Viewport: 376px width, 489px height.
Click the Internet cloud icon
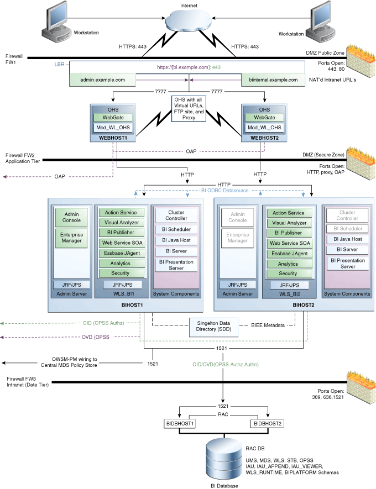[x=189, y=22]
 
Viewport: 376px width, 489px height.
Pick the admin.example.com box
[x=103, y=80]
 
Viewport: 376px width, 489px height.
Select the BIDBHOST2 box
[x=267, y=423]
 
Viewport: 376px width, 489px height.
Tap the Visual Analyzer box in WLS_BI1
[x=121, y=223]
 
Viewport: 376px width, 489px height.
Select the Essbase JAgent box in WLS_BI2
[x=288, y=253]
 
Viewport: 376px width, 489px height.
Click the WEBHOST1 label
[x=113, y=138]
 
